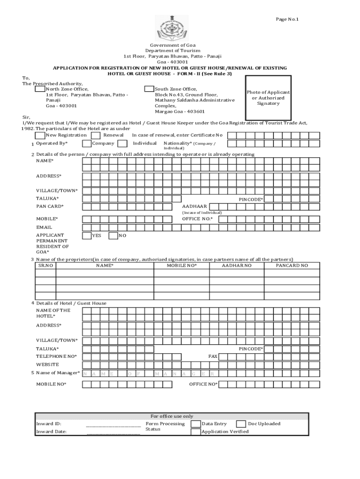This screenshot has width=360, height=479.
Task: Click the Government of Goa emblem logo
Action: click(x=172, y=29)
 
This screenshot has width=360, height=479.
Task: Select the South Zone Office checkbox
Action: click(x=149, y=89)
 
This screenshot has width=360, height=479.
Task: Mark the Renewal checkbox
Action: click(x=95, y=135)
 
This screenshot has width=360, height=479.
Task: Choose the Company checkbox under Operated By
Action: click(x=86, y=144)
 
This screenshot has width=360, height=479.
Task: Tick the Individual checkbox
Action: click(x=122, y=144)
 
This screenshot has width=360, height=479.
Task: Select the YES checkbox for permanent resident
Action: click(x=86, y=236)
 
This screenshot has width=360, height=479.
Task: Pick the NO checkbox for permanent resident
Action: click(x=113, y=236)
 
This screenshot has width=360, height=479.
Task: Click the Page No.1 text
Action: click(x=287, y=19)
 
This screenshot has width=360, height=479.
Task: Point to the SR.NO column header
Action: click(x=45, y=266)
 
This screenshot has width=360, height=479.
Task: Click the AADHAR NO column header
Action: click(x=237, y=266)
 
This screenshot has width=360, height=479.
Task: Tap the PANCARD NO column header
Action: click(x=292, y=266)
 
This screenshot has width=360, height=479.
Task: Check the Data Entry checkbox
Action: click(x=195, y=424)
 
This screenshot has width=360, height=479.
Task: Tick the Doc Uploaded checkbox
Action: click(x=241, y=424)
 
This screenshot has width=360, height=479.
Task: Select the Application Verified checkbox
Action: click(x=195, y=432)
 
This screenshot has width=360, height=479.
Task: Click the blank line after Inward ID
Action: click(x=113, y=425)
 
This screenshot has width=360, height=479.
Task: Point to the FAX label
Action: click(x=213, y=356)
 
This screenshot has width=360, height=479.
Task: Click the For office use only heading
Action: click(x=172, y=416)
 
